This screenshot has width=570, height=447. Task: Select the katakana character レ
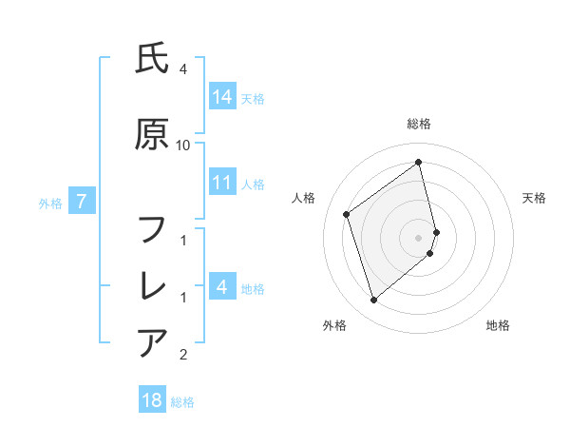pos(153,284)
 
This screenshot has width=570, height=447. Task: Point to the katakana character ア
pos(153,341)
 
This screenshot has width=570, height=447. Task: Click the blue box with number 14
pos(222,96)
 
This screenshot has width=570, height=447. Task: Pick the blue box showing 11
pos(222,183)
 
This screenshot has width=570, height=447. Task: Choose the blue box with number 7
pos(82,201)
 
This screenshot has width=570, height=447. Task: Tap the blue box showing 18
pos(152,400)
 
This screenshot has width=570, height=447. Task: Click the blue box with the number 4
pos(222,286)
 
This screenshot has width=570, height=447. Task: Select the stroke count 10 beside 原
pos(182,146)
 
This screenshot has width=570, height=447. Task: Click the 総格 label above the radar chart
pos(419,124)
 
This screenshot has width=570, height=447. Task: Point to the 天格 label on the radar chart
pos(535,198)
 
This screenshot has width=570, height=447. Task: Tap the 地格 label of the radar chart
pos(498,325)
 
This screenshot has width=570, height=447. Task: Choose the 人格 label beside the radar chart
pos(304,198)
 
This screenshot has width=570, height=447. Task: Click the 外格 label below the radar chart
pos(334,325)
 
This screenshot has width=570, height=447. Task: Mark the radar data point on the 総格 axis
pos(419,163)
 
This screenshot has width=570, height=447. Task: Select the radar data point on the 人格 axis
pos(347,214)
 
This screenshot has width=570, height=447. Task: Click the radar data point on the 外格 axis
pos(373,301)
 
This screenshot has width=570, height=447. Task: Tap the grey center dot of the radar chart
pos(419,237)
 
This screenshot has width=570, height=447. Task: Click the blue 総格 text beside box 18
pos(182,402)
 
